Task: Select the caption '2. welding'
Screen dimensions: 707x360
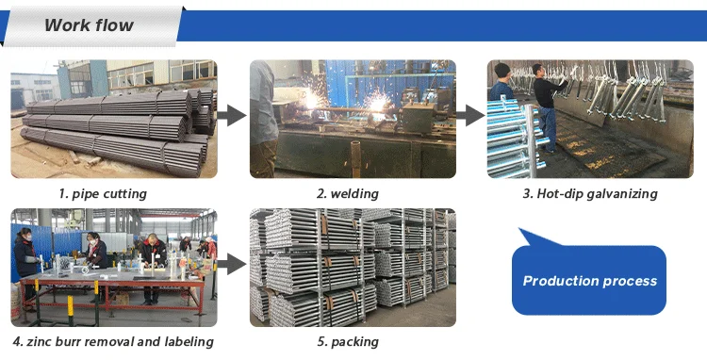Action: pyautogui.click(x=347, y=194)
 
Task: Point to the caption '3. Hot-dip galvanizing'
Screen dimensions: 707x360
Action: pyautogui.click(x=590, y=194)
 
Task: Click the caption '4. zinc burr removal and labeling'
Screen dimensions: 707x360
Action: pyautogui.click(x=113, y=341)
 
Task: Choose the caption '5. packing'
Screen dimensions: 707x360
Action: pyautogui.click(x=347, y=341)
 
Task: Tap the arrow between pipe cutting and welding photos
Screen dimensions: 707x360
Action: pyautogui.click(x=232, y=116)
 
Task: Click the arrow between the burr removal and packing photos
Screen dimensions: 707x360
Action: pyautogui.click(x=232, y=268)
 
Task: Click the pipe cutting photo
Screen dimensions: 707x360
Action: pyautogui.click(x=113, y=119)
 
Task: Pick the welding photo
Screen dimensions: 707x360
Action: pyautogui.click(x=353, y=119)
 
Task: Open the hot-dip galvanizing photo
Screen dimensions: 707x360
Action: pyautogui.click(x=589, y=119)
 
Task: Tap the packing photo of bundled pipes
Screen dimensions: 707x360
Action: pyautogui.click(x=353, y=267)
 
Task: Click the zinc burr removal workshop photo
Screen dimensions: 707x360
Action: pyautogui.click(x=113, y=267)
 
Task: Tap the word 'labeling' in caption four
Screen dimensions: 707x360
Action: pyautogui.click(x=187, y=341)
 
